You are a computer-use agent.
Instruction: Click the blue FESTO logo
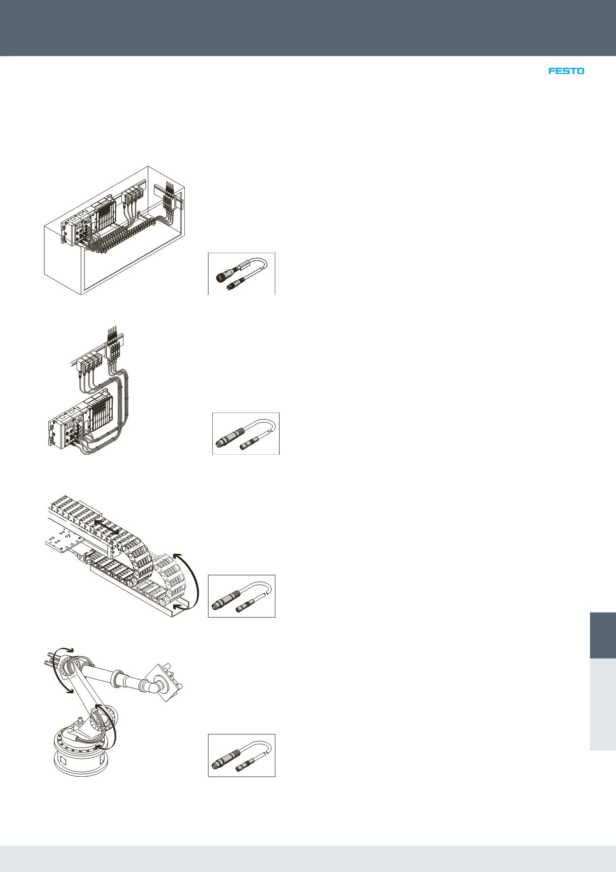point(566,71)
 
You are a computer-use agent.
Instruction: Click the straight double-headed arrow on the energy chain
point(105,527)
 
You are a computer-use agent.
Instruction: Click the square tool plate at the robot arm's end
point(166,683)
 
